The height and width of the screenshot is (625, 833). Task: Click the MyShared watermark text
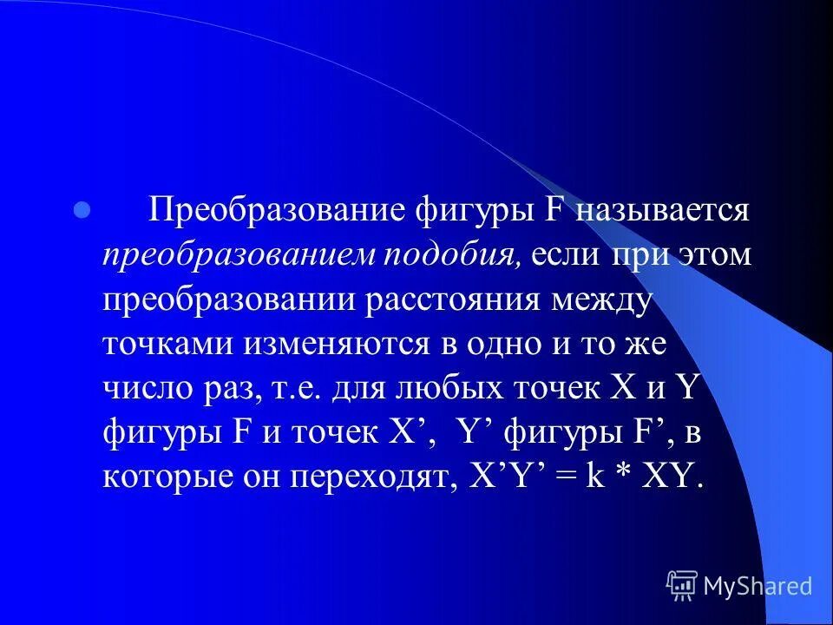coord(758,586)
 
